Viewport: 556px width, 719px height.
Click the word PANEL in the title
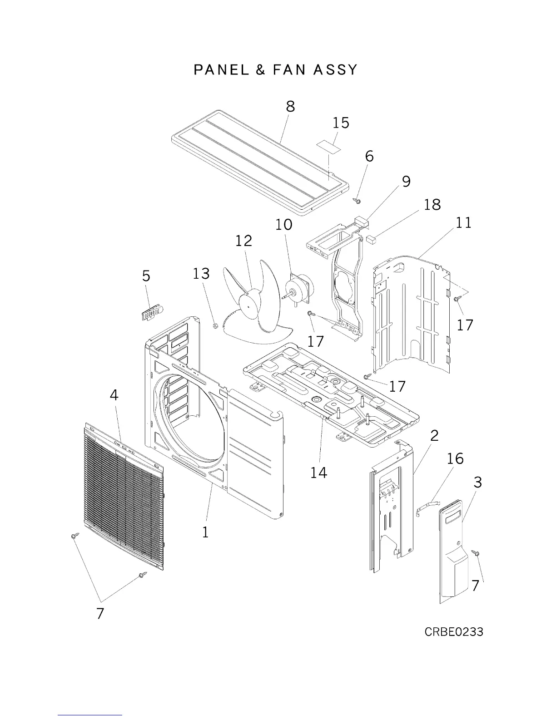[x=221, y=70]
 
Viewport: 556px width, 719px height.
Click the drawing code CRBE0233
[x=454, y=631]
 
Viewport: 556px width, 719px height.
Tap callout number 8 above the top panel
[x=290, y=106]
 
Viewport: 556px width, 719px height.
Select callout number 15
[x=341, y=123]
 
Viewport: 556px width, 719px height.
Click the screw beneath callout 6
[x=357, y=200]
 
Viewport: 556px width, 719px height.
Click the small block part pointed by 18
[x=372, y=239]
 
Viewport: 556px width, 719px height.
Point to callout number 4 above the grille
[x=114, y=395]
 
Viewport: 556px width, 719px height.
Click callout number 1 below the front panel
[x=205, y=532]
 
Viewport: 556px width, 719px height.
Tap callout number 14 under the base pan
[x=318, y=473]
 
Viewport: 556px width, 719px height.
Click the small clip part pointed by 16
[x=427, y=505]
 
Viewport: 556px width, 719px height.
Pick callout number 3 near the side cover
[x=477, y=482]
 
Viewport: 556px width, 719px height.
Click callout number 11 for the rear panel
[x=463, y=222]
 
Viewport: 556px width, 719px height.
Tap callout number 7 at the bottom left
[x=100, y=613]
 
